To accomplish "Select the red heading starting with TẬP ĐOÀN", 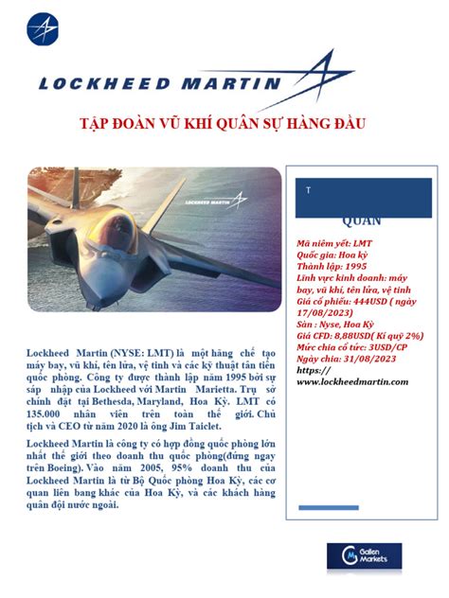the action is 223,125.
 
